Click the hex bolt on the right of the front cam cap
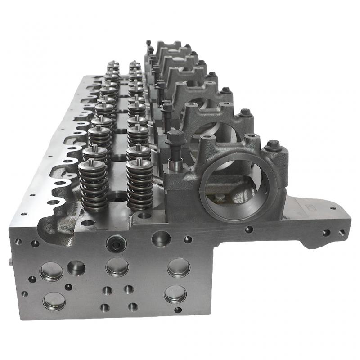point(272,146)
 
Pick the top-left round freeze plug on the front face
point(51,271)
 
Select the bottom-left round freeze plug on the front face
point(54,301)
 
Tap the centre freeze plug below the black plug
point(117,267)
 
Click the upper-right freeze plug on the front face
point(179,267)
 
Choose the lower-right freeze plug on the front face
point(175,294)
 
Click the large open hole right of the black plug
point(161,238)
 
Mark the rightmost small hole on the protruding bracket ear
point(342,233)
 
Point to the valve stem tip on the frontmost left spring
point(92,162)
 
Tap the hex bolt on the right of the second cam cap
point(245,112)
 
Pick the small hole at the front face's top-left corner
point(18,242)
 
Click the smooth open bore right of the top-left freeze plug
point(76,268)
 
